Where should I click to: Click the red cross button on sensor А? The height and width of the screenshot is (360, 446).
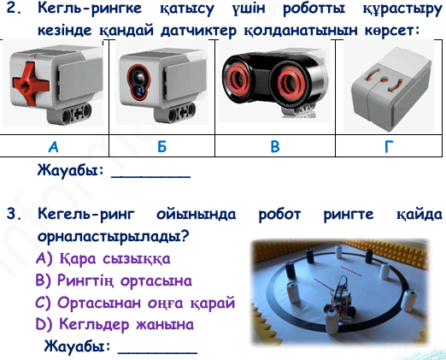click(x=31, y=83)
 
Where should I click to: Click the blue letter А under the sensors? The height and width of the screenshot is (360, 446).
click(x=54, y=146)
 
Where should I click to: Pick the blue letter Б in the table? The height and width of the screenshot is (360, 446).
click(x=161, y=146)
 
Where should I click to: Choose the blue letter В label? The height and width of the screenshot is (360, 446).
click(x=275, y=146)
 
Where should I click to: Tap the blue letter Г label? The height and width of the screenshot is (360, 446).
click(x=389, y=146)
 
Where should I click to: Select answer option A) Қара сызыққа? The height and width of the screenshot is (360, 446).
click(x=103, y=259)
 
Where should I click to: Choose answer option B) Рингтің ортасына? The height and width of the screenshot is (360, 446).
click(x=114, y=280)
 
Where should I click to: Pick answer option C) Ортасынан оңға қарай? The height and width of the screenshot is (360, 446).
click(x=135, y=303)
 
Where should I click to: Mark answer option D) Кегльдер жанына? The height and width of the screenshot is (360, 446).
click(x=114, y=324)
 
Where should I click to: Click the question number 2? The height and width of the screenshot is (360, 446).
click(x=15, y=8)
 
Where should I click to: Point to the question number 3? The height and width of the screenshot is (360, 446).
click(x=15, y=214)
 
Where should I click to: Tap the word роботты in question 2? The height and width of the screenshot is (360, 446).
click(x=314, y=9)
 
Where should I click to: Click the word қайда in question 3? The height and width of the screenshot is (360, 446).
click(x=420, y=214)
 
